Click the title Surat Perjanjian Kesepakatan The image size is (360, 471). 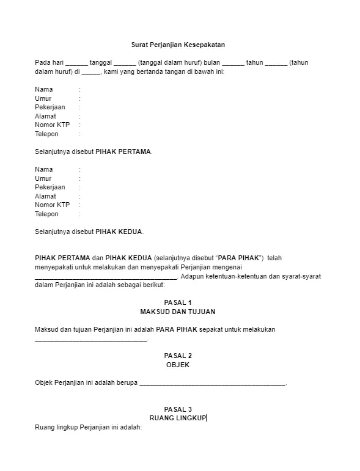(178, 45)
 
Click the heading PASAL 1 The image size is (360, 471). (178, 302)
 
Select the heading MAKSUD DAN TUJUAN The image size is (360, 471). (178, 312)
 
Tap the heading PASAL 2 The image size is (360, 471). (178, 356)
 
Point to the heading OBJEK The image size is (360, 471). (178, 365)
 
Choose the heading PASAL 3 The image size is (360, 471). (178, 409)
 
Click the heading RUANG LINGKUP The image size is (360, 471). (178, 418)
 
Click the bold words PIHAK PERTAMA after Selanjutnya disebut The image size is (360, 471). (123, 152)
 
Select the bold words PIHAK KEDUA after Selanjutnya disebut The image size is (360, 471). (119, 232)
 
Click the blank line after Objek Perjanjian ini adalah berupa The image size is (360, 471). (212, 384)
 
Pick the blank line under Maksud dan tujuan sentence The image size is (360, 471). (91, 340)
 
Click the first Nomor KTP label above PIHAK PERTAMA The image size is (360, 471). (52, 125)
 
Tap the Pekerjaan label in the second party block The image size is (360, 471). (50, 187)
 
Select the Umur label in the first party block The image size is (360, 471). (43, 98)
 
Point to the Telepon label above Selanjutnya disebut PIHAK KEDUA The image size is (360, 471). (46, 214)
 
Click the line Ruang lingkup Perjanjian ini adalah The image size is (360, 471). (88, 428)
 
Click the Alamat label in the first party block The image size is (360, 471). (45, 116)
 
